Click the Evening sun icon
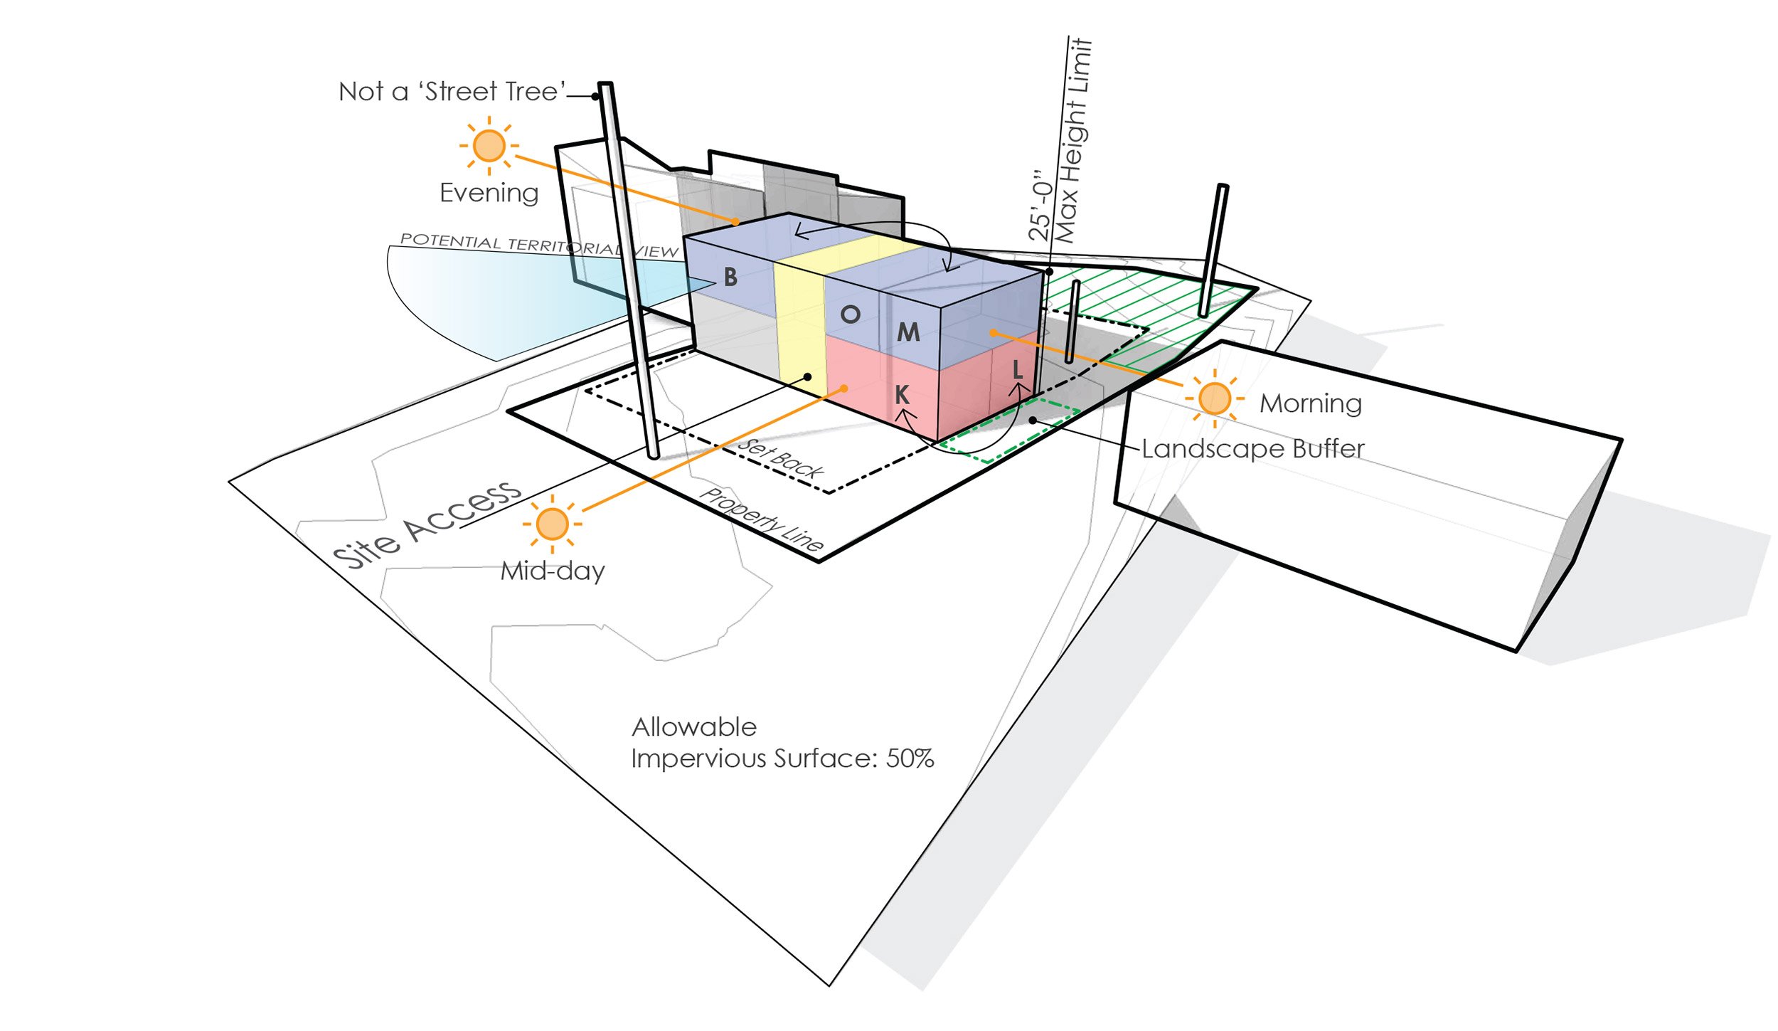pos(489,146)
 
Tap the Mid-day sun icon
pos(552,524)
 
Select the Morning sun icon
pos(1214,398)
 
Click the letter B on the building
pos(730,277)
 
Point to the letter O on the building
pos(850,314)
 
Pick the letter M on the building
pos(908,332)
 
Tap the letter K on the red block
pos(902,394)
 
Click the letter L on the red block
pos(1017,369)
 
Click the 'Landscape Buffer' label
pos(1252,449)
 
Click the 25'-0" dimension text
pos(1040,205)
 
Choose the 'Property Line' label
pos(762,520)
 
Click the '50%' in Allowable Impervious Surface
pos(910,758)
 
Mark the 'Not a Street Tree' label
pos(452,92)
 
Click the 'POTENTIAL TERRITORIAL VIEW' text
pos(539,245)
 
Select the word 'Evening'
pos(489,193)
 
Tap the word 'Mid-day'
pos(553,571)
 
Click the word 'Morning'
pos(1311,403)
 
